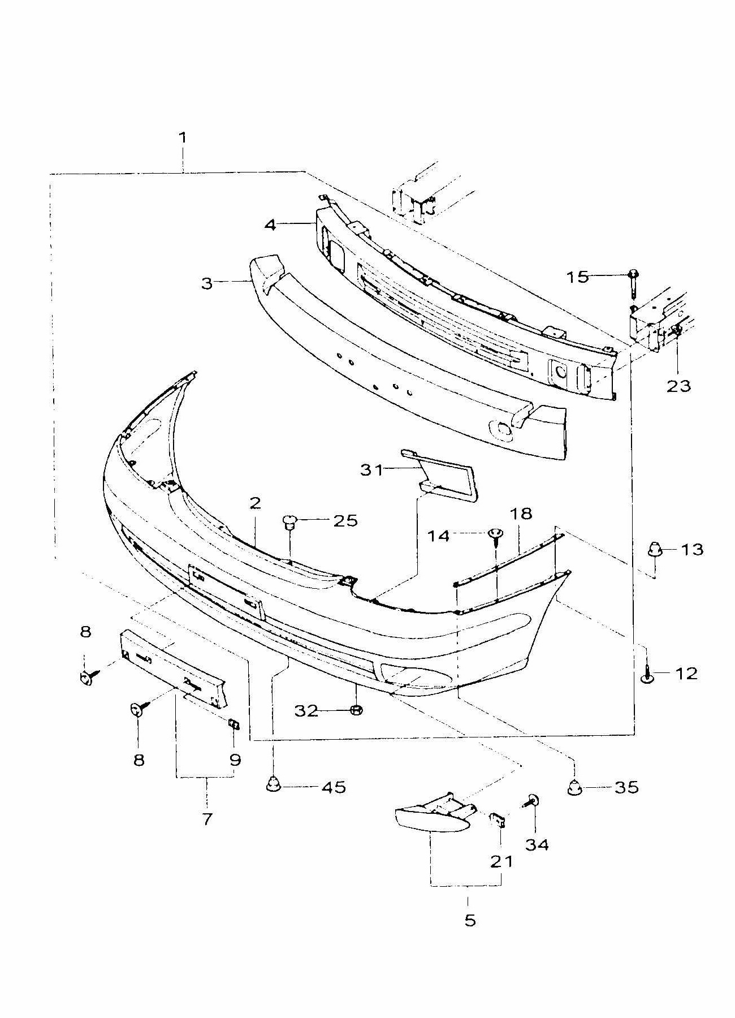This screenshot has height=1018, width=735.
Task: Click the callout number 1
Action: [183, 137]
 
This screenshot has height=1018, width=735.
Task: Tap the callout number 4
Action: [270, 225]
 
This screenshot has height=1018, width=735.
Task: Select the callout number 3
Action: [207, 283]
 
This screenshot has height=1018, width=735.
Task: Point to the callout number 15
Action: [578, 277]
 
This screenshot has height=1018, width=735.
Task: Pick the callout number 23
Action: [678, 386]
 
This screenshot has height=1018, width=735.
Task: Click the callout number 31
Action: [372, 469]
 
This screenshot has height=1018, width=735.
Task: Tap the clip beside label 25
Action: [290, 522]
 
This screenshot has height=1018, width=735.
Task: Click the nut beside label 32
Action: [356, 710]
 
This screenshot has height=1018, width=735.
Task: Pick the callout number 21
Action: [501, 861]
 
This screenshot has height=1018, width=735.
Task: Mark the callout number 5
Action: [470, 920]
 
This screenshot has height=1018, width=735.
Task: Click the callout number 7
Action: [207, 818]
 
